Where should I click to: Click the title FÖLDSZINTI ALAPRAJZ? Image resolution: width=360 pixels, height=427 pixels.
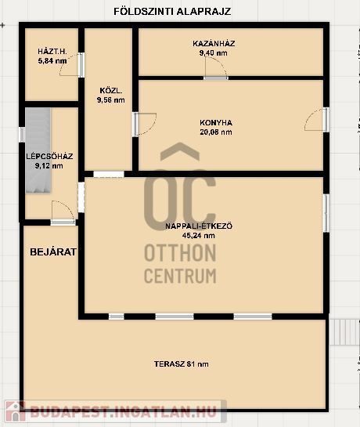coord(172,12)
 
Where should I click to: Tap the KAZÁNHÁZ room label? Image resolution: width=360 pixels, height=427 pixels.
coord(214,43)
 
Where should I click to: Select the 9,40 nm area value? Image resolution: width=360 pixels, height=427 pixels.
coord(214,52)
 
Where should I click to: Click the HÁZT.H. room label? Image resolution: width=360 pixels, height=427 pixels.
coord(52,51)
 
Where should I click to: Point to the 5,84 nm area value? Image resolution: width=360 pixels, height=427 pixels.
coord(52,61)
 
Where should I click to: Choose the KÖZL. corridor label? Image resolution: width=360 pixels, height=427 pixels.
coord(111,90)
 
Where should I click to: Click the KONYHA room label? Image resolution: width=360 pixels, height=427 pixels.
coord(216,122)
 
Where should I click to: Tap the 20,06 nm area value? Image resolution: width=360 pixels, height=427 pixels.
coord(216,132)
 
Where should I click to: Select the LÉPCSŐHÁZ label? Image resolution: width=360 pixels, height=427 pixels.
coord(49,157)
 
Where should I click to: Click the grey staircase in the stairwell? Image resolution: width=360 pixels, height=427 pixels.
coord(38,150)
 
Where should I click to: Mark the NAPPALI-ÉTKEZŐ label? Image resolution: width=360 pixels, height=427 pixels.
coord(199,226)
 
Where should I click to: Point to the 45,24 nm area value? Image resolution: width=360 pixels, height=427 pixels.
coord(198,236)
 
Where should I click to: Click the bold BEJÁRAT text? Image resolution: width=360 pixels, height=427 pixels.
coord(53,252)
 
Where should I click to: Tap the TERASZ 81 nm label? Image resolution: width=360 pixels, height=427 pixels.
coord(182,364)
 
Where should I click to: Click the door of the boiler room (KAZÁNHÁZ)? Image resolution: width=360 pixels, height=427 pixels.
coord(216,68)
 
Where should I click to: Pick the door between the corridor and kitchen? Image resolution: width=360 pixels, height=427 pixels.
coord(144,124)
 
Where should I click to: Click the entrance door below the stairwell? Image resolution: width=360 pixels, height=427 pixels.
coord(63,212)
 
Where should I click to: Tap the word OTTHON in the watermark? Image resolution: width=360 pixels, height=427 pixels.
coord(180,253)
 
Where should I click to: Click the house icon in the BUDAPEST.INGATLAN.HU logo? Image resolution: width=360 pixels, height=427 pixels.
coord(15,411)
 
